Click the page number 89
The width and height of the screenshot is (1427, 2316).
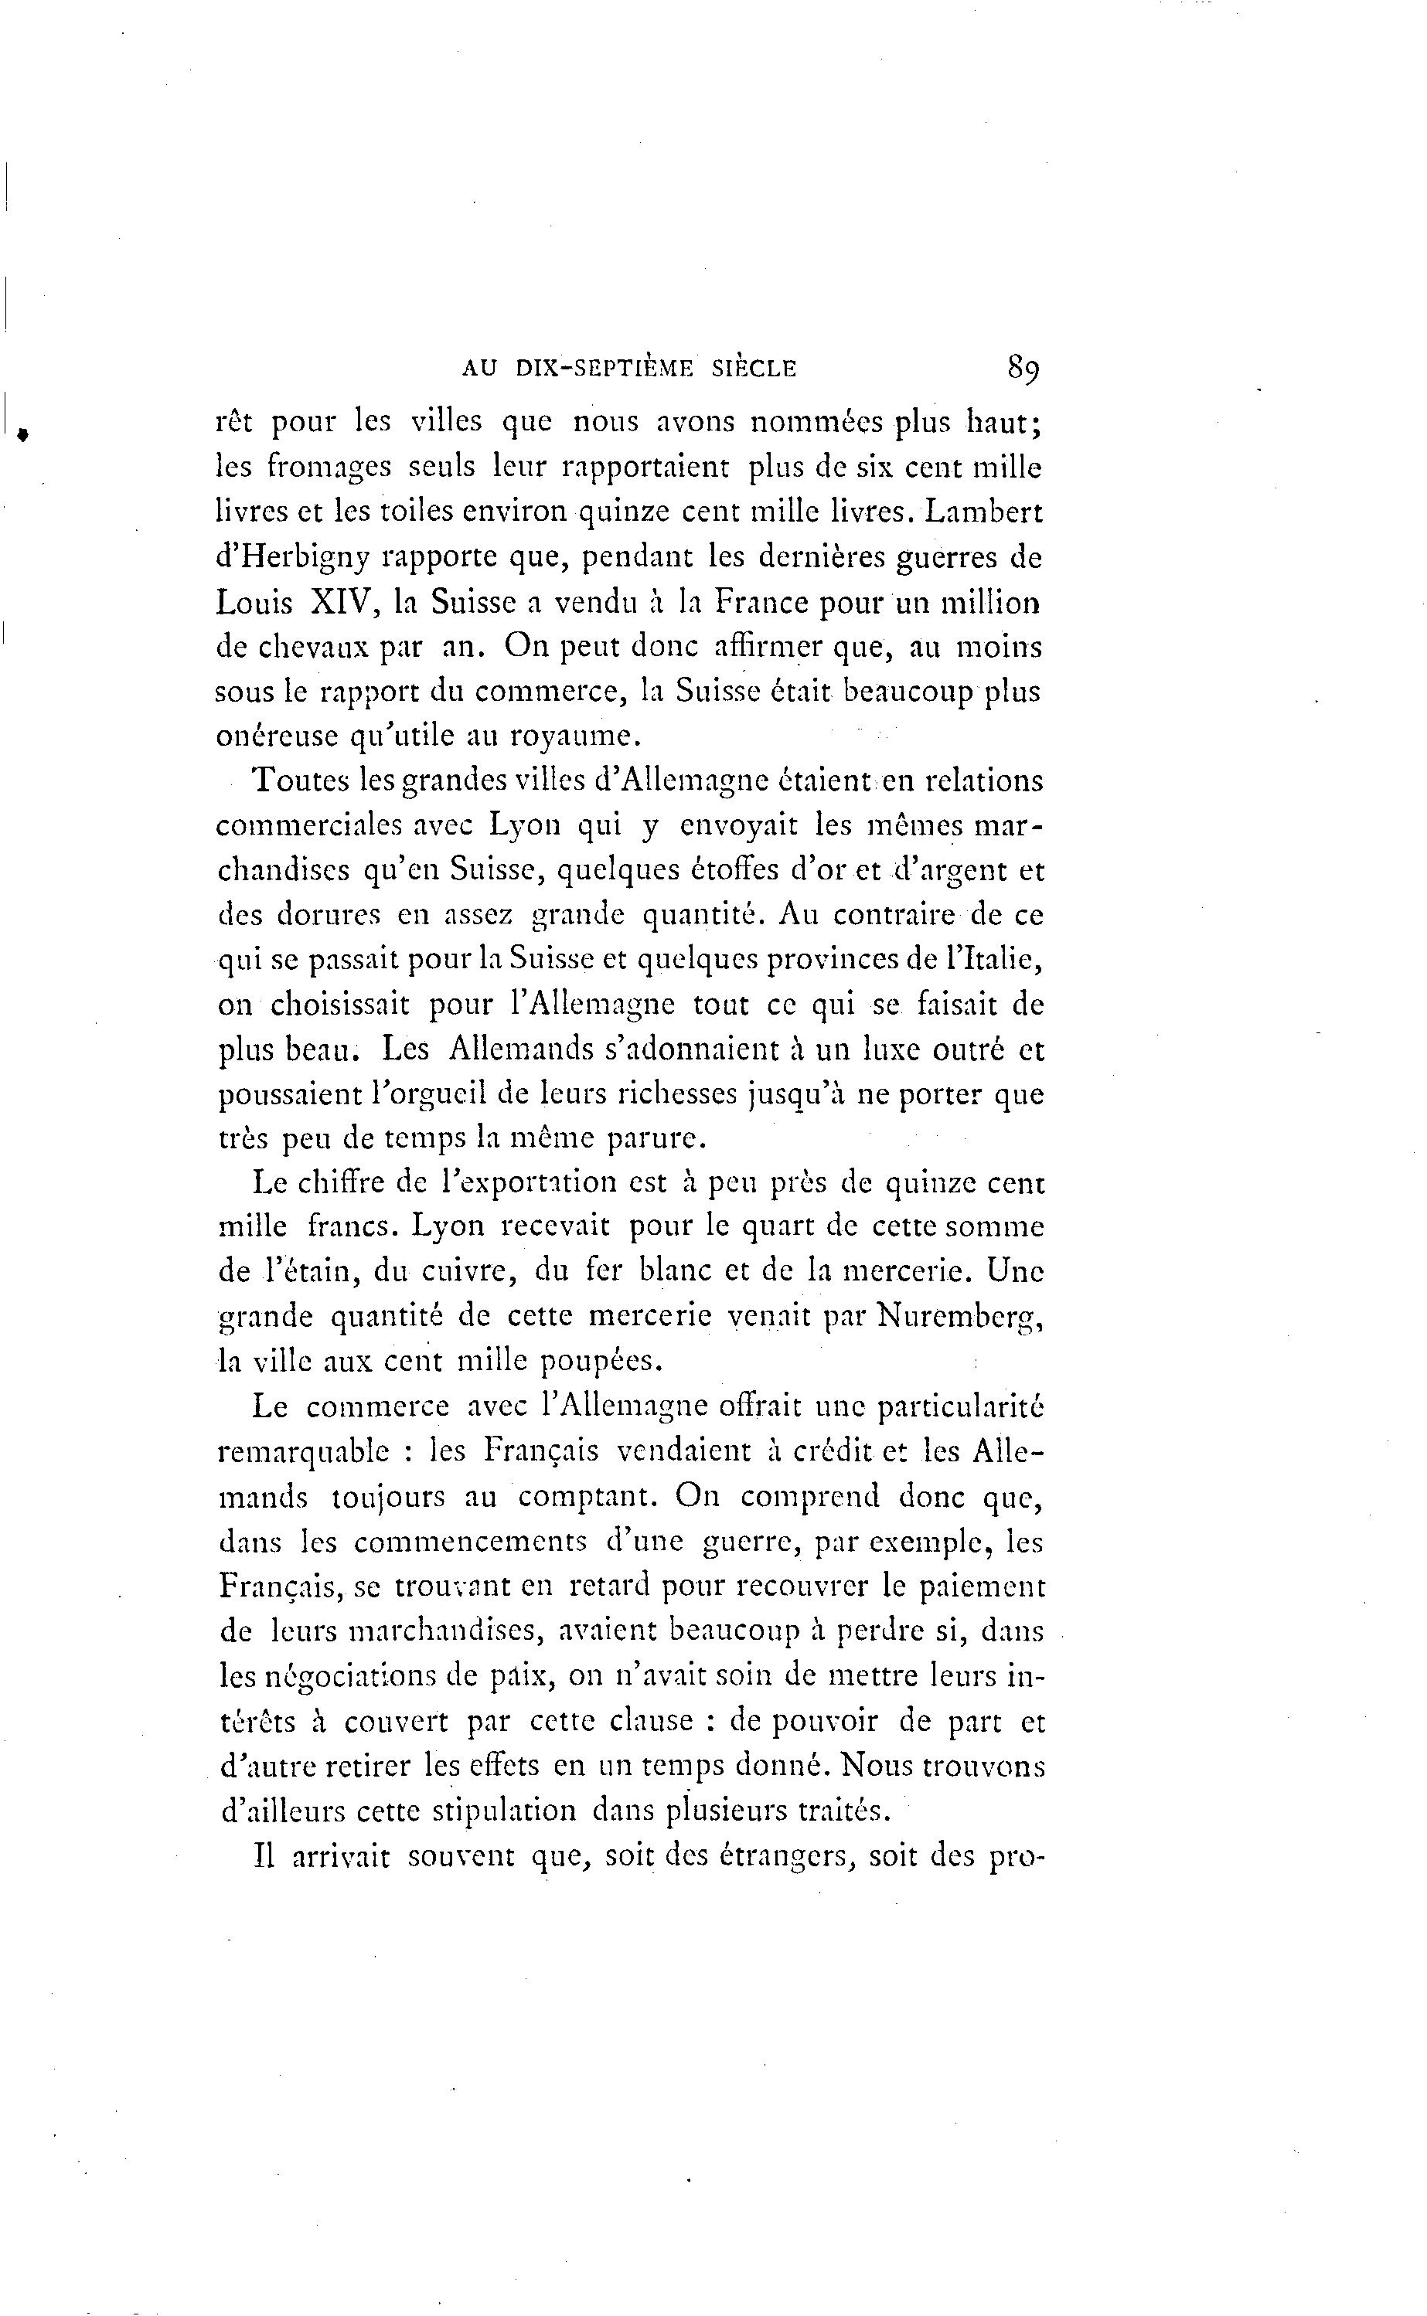pyautogui.click(x=1023, y=366)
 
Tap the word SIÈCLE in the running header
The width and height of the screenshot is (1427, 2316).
pyautogui.click(x=753, y=369)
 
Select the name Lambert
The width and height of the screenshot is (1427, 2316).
pyautogui.click(x=983, y=512)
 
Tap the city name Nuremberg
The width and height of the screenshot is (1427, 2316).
pyautogui.click(x=959, y=1318)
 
